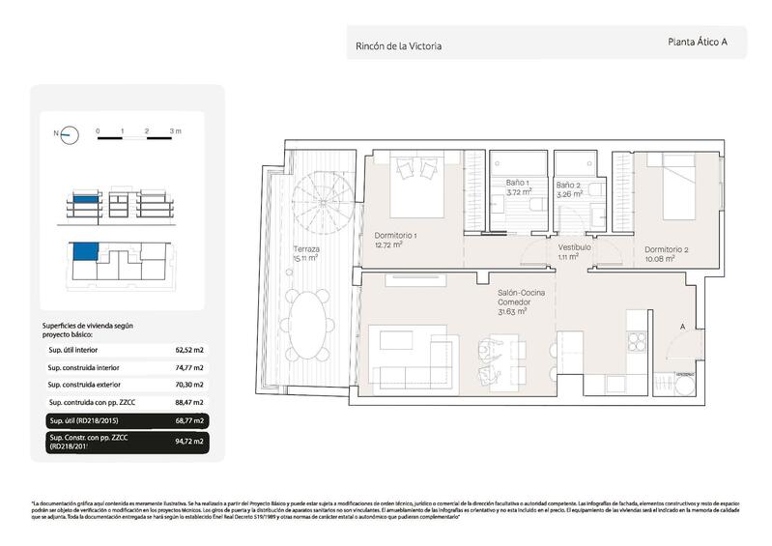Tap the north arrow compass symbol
tap(68, 135)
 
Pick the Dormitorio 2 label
tap(667, 253)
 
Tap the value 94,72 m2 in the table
tap(189, 441)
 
